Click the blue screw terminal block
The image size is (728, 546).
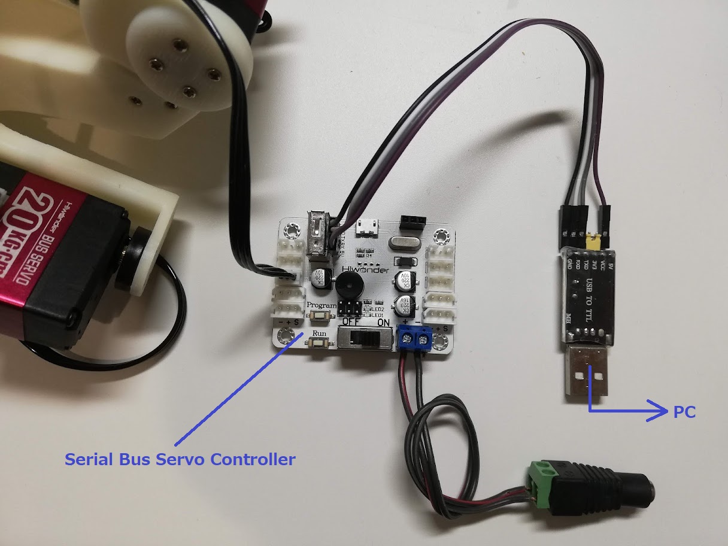(415, 339)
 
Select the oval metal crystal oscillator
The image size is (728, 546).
(401, 243)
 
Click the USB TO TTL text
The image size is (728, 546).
(590, 296)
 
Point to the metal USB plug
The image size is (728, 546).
(587, 374)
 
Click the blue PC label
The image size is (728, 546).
(684, 412)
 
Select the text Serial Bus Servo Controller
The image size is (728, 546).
(180, 460)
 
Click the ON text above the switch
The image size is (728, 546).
(383, 321)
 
